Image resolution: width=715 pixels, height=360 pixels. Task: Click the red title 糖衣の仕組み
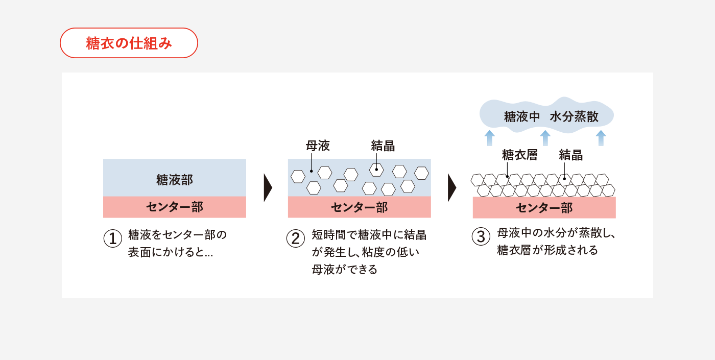[x=129, y=43]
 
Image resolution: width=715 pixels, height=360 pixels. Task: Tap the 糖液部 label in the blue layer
[x=175, y=180]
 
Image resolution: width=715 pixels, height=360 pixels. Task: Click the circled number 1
[x=113, y=238]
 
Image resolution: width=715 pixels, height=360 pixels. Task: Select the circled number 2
[x=296, y=238]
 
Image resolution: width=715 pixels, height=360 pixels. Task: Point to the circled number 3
[x=481, y=236]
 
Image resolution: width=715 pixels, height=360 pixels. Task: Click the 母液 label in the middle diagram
[x=318, y=146]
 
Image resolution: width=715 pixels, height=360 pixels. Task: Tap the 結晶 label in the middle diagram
[x=383, y=146]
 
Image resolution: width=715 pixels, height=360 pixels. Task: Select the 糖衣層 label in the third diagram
[x=519, y=155]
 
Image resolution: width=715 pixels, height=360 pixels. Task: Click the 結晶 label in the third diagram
[x=571, y=155]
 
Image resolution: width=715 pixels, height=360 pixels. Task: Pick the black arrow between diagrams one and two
[x=268, y=188]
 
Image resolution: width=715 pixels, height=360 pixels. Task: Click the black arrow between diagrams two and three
[x=451, y=188]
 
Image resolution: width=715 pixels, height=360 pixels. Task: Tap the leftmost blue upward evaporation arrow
[x=489, y=138]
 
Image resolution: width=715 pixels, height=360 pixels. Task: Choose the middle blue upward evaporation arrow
[x=545, y=138]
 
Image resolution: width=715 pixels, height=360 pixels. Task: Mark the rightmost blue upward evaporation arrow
[x=601, y=138]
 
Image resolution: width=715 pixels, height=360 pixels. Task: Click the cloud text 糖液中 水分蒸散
[x=551, y=117]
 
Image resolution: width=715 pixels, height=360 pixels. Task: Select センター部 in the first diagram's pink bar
[x=175, y=207]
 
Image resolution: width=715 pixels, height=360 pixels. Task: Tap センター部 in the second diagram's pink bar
[x=359, y=207]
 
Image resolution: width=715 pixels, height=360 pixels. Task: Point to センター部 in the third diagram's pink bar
[x=544, y=208]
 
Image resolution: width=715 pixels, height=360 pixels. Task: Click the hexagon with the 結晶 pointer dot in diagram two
[x=376, y=170]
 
